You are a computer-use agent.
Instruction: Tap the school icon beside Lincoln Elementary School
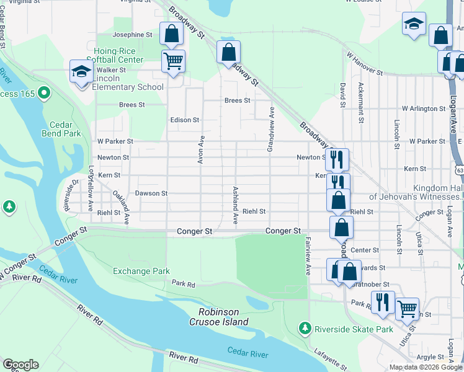coord(81,73)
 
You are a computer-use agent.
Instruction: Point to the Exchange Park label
coord(141,271)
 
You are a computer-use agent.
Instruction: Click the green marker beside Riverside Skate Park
coord(305,327)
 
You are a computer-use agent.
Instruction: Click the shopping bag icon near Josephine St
coord(171,33)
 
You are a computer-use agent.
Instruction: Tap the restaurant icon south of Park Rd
coord(383,302)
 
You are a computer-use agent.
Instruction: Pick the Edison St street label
coord(185,120)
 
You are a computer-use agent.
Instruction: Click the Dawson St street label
coord(151,193)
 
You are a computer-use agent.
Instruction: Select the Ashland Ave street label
coord(235,205)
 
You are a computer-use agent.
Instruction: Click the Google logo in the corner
coord(20,365)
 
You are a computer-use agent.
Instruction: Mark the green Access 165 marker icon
coord(43,94)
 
